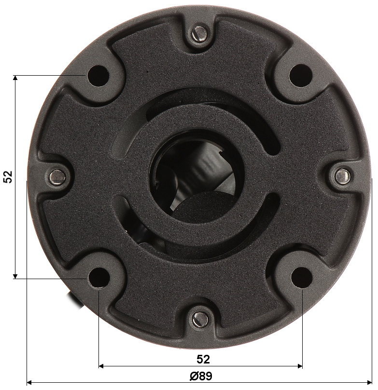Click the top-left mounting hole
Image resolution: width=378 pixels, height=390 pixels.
tap(98, 76)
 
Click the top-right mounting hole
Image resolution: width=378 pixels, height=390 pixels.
tap(301, 75)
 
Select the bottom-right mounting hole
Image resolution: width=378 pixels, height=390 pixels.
tap(301, 277)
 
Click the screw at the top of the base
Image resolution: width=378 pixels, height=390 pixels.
tap(199, 34)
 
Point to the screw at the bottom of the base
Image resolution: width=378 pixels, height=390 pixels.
tap(200, 319)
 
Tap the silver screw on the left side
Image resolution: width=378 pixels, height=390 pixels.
tap(57, 177)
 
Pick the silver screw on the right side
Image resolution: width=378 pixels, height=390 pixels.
tap(343, 175)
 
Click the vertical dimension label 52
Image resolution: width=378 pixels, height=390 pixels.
tap(8, 177)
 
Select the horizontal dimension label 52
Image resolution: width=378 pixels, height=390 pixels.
tap(203, 359)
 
